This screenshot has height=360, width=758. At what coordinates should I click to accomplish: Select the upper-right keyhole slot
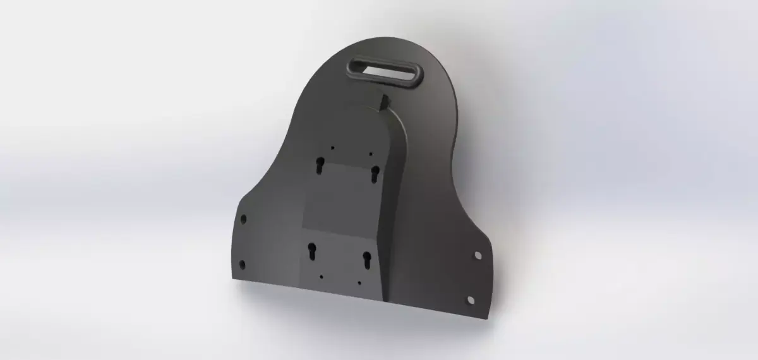tap(375, 171)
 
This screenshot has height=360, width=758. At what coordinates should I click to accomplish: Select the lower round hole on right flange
tap(471, 297)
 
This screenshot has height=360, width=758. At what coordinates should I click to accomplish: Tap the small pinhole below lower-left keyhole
tap(322, 276)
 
